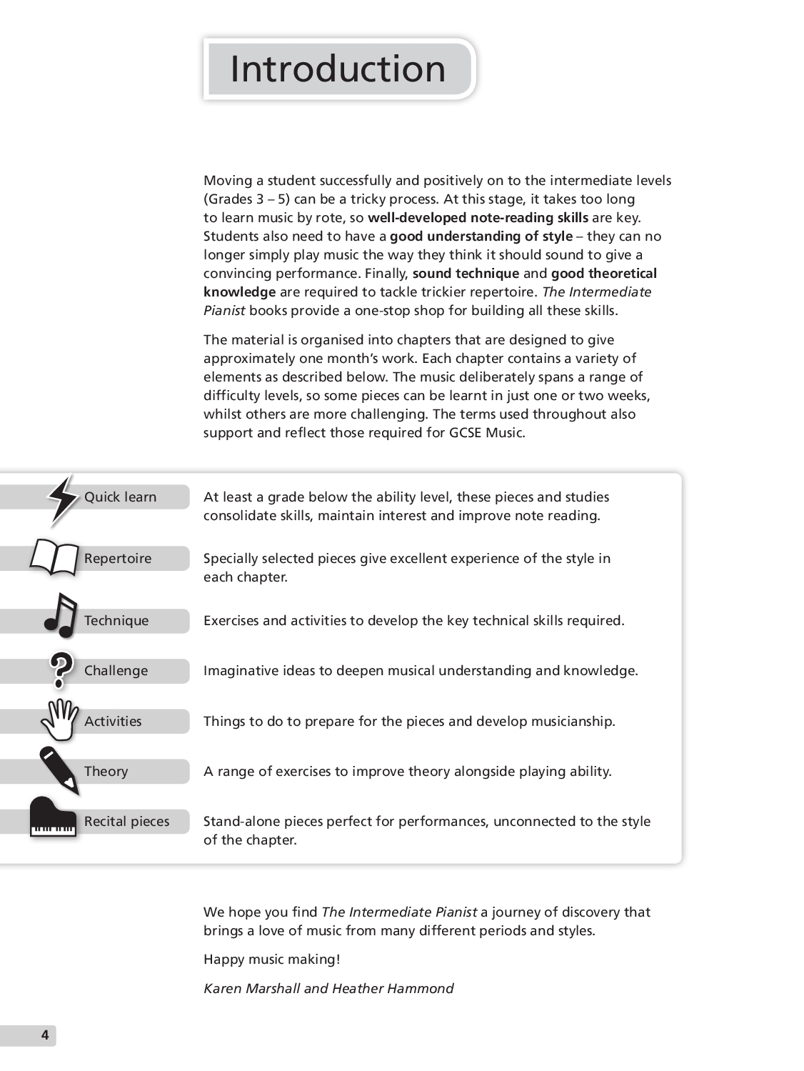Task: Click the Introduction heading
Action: click(338, 69)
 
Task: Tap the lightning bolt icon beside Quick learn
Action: click(63, 499)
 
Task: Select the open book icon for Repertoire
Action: click(54, 557)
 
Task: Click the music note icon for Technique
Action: click(60, 615)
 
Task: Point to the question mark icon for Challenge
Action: click(61, 669)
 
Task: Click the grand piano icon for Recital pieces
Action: click(53, 817)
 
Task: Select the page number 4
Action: click(44, 1035)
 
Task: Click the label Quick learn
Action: click(120, 497)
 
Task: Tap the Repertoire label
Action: click(118, 559)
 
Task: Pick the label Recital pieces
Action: click(127, 822)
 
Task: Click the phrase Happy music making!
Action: click(272, 960)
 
